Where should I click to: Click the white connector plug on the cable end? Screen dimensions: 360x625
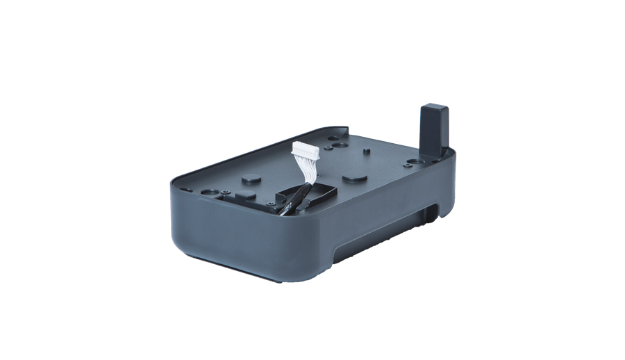(x=303, y=149)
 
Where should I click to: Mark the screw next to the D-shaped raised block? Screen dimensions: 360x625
(x=227, y=191)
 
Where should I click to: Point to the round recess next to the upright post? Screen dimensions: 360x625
(x=416, y=162)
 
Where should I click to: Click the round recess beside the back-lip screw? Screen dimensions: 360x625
(x=338, y=146)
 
